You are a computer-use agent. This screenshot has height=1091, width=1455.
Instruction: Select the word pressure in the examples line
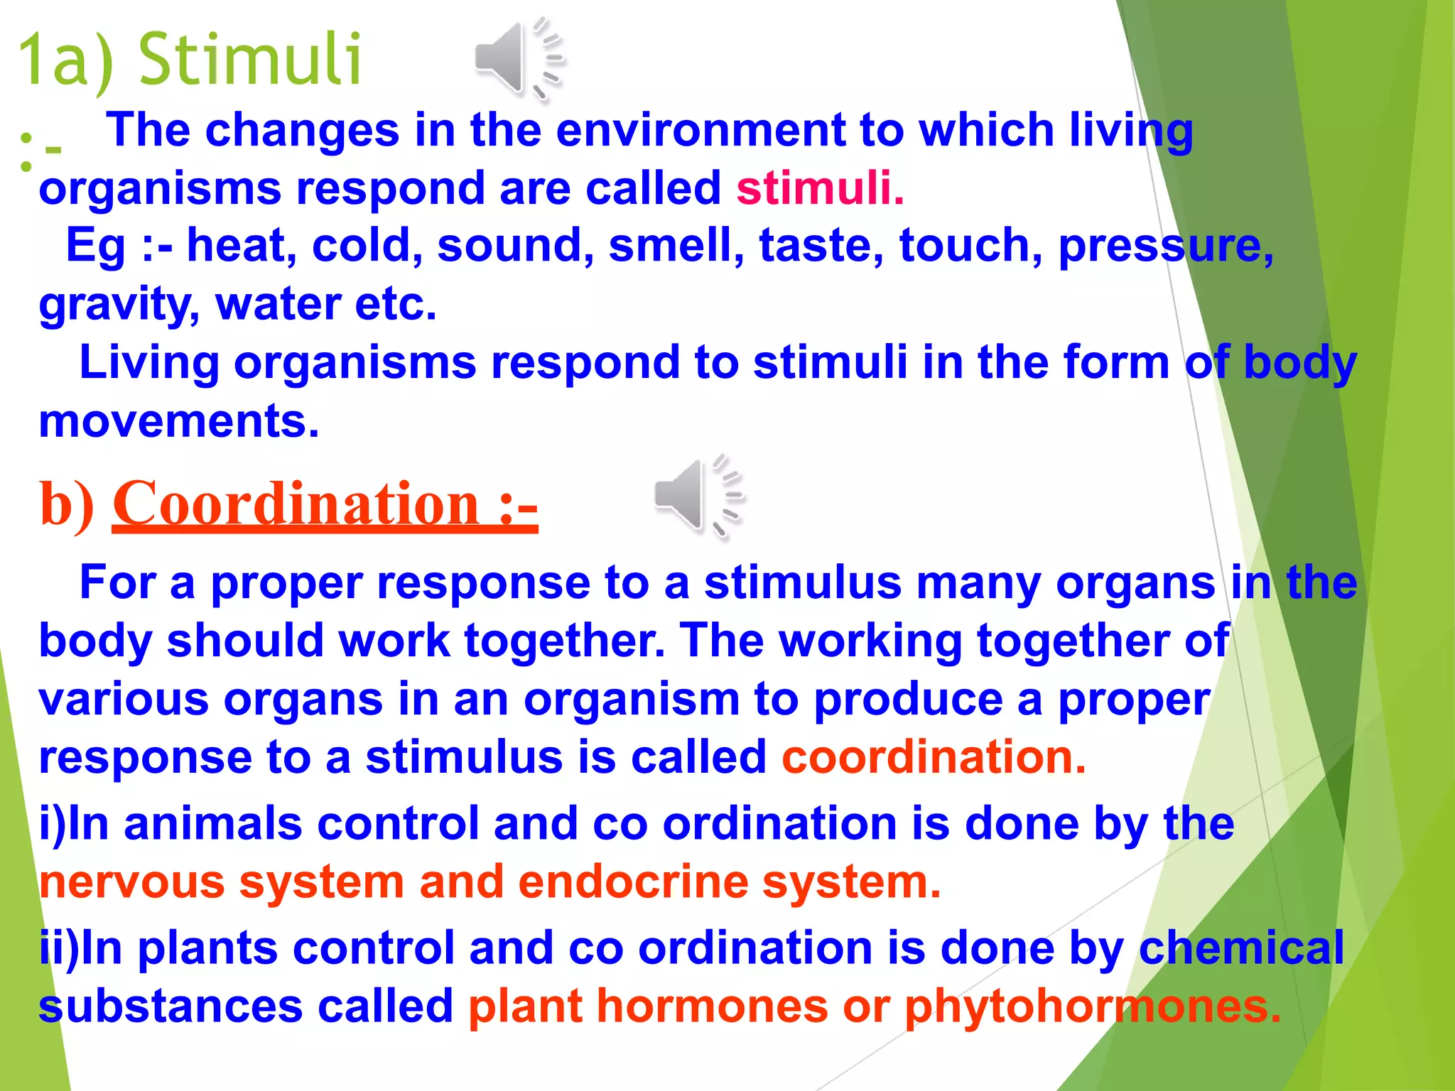(x=1165, y=246)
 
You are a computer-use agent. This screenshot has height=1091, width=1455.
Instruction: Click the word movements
(x=178, y=421)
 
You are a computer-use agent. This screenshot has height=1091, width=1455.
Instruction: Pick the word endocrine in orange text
(x=633, y=882)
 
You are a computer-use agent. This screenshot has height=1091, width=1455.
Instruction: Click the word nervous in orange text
(x=131, y=882)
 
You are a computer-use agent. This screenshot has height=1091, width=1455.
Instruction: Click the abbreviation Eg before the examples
(x=95, y=246)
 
